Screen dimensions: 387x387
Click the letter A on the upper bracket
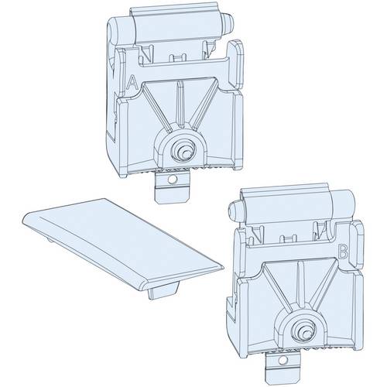(132, 82)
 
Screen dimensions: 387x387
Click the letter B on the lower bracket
(344, 252)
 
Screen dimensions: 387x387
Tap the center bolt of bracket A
(183, 152)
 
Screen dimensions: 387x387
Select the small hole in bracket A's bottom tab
(172, 180)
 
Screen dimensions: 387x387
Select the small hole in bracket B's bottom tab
(283, 360)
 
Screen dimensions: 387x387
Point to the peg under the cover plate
(163, 290)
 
